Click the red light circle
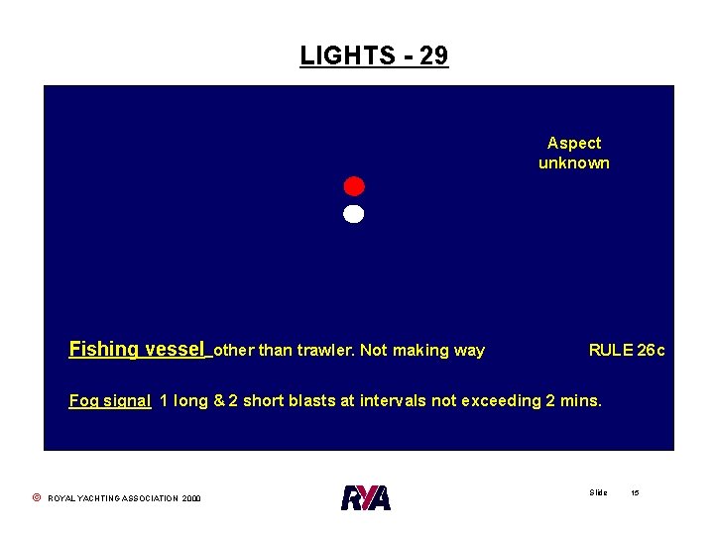click(x=354, y=186)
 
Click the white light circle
click(x=354, y=214)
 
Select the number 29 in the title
click(x=433, y=55)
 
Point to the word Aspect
click(x=574, y=143)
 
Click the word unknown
click(x=574, y=162)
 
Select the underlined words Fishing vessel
click(x=138, y=349)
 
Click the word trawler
click(x=324, y=350)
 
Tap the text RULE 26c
click(x=627, y=350)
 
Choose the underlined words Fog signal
click(x=110, y=401)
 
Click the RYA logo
click(x=366, y=496)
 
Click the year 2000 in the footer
click(x=191, y=498)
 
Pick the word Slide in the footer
click(x=598, y=492)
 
